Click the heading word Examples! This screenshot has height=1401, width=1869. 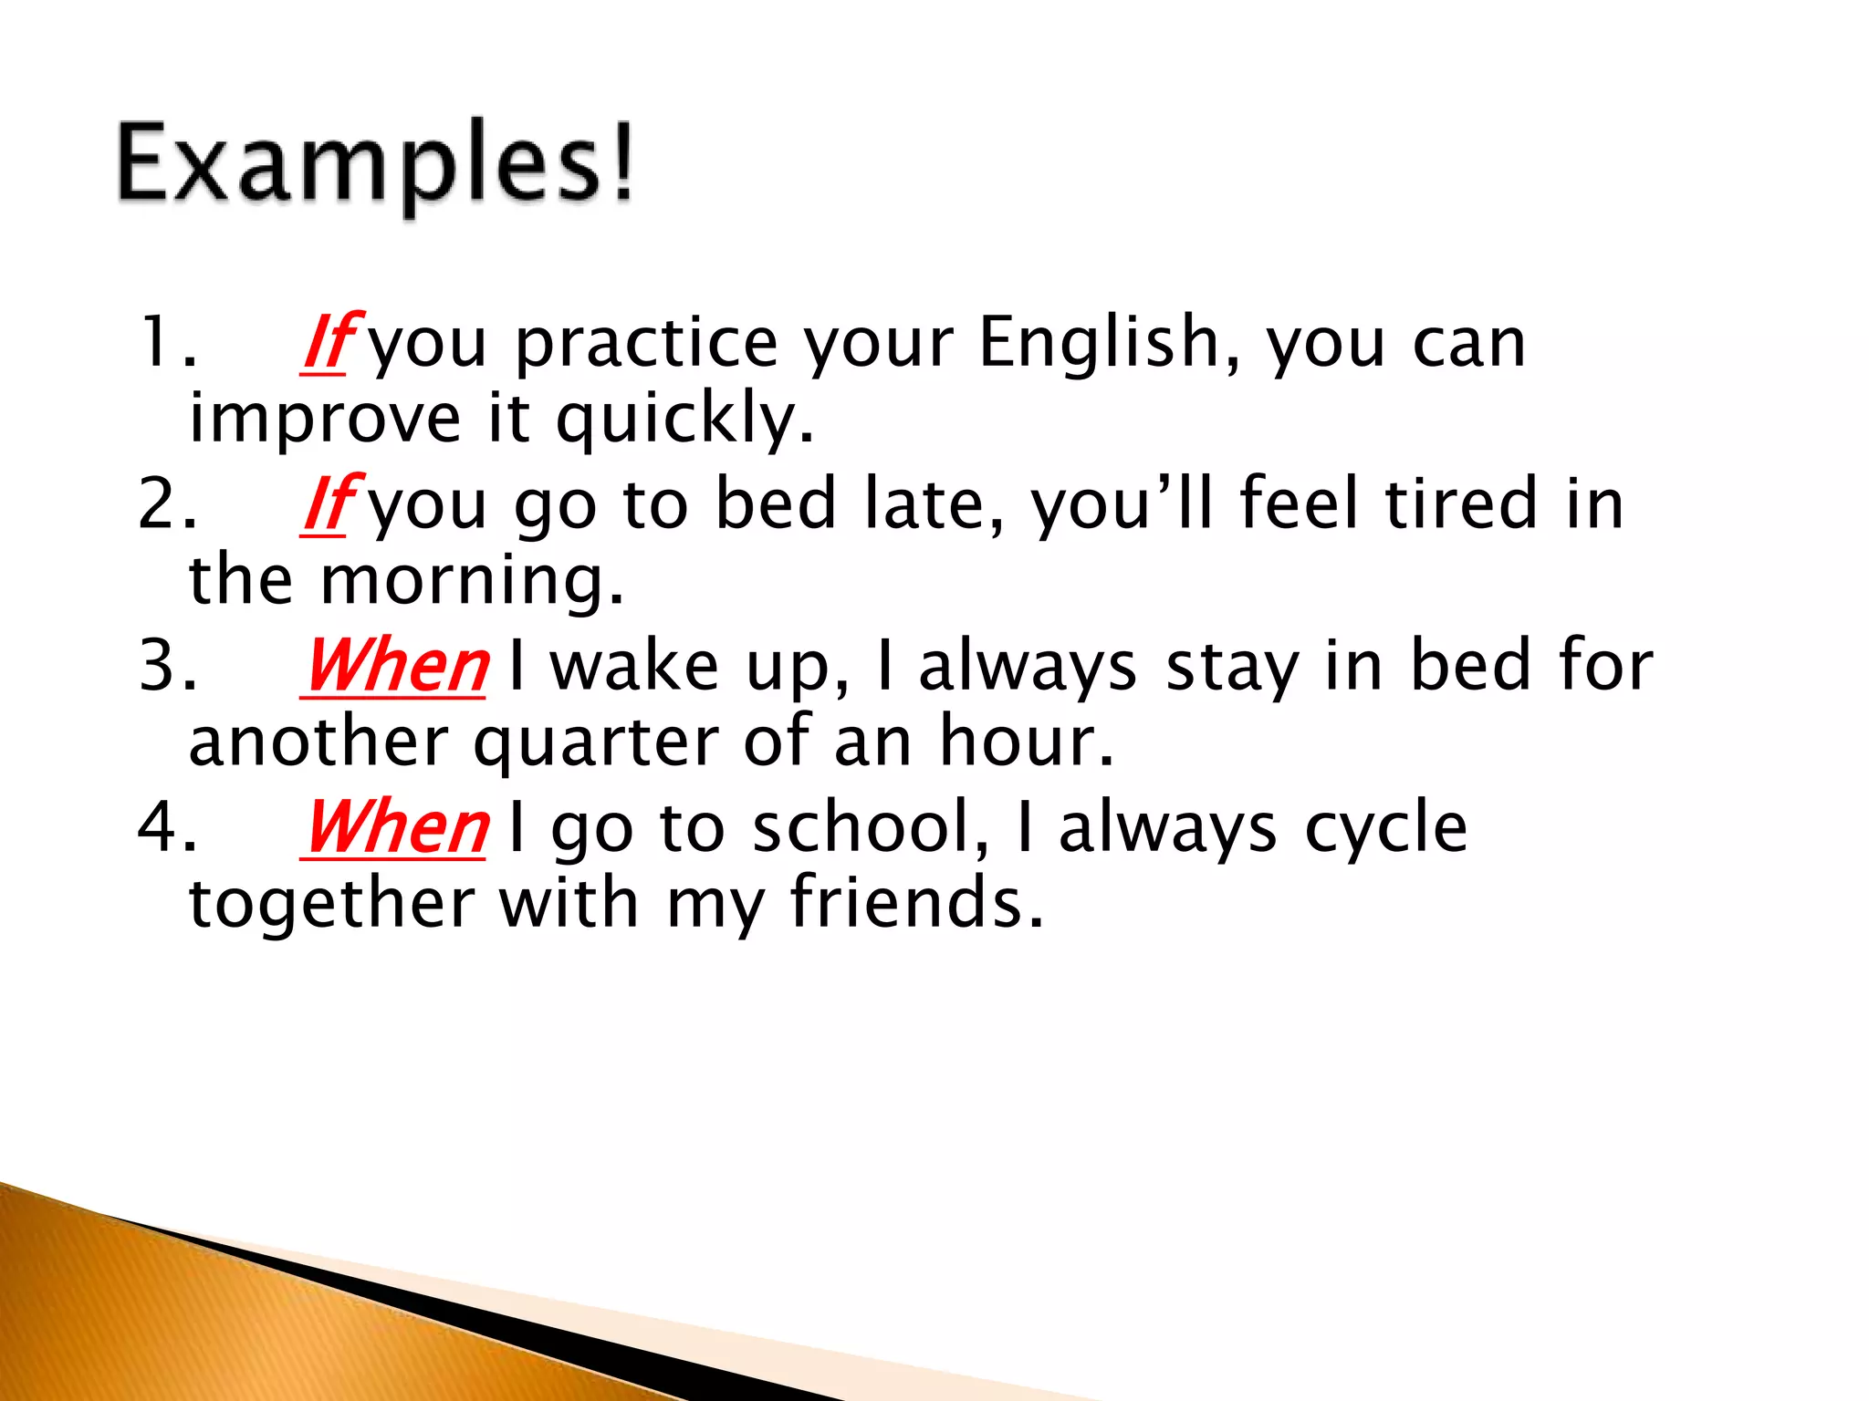pos(374,164)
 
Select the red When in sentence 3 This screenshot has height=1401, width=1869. pos(394,666)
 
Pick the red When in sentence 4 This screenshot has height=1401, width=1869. pos(394,827)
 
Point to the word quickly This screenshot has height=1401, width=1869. pos(684,419)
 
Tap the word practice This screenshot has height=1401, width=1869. pos(645,343)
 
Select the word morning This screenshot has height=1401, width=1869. pos(473,580)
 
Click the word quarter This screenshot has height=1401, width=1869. pos(596,742)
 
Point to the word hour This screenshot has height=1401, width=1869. pos(1027,742)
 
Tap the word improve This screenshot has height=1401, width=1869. pos(325,419)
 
